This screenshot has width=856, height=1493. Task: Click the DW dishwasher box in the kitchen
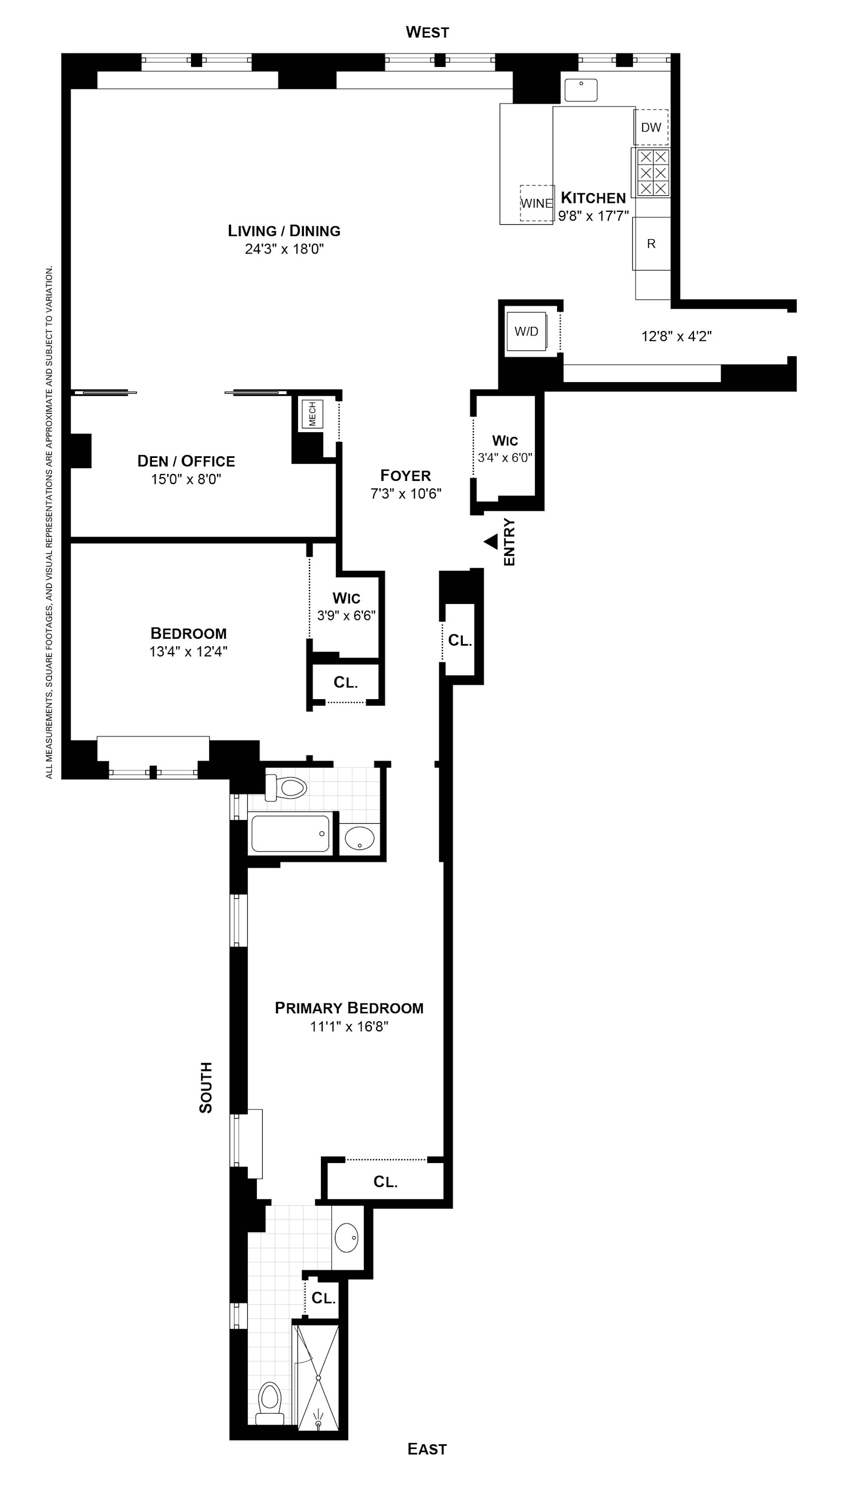tap(651, 127)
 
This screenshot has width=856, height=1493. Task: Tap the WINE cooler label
tap(537, 203)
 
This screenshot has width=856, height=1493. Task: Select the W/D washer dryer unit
tap(527, 332)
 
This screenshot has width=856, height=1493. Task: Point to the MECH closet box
tap(312, 414)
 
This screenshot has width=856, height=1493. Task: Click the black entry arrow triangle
tap(491, 542)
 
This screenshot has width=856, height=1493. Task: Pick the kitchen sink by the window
tap(581, 90)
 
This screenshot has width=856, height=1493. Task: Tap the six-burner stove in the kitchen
tap(653, 172)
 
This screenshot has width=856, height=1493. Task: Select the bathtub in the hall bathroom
tap(291, 833)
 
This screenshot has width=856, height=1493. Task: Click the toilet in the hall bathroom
tap(286, 787)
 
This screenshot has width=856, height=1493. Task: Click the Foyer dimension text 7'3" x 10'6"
tap(406, 493)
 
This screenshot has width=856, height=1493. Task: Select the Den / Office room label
tap(186, 461)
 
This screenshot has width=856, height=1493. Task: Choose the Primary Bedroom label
tap(349, 1008)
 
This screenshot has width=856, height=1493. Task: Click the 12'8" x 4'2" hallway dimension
tap(677, 336)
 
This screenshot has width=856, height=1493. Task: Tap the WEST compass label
tap(427, 32)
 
